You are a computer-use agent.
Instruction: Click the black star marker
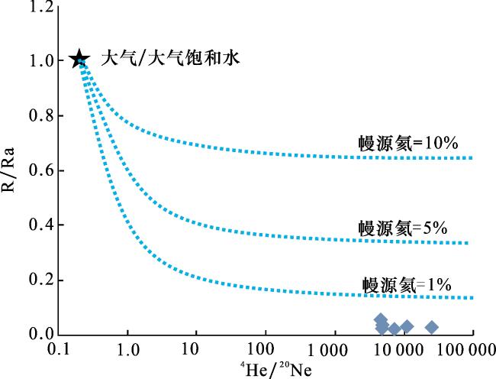coord(79,59)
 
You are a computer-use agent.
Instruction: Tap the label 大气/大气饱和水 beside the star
coord(170,58)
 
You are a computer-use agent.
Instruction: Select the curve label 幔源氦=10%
coord(408,144)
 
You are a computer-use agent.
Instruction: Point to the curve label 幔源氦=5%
coord(403,228)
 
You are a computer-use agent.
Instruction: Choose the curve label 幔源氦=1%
coord(407,285)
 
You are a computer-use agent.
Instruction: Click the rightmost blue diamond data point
coord(432,327)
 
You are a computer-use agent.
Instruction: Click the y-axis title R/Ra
coord(8,170)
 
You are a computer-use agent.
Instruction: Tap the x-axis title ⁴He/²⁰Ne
coord(275,369)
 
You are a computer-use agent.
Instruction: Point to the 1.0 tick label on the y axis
coord(41,60)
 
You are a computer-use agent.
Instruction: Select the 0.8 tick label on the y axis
coord(41,115)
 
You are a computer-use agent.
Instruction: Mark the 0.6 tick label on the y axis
coord(41,170)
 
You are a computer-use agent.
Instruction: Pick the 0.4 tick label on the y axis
coord(41,225)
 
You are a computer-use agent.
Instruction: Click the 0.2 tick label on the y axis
coord(41,280)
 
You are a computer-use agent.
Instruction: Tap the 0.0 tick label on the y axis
coord(41,334)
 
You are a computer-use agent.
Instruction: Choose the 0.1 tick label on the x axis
coord(59,349)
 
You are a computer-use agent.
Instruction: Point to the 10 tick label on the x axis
coord(190,349)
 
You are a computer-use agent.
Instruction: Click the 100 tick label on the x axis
coord(260,349)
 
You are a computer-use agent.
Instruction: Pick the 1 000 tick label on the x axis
coord(327,351)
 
